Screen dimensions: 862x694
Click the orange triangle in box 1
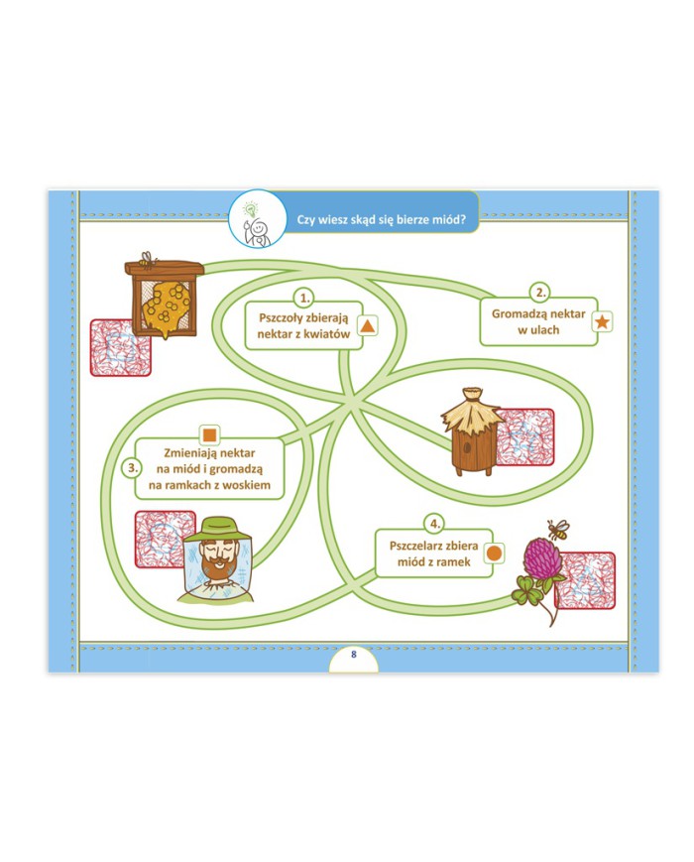[366, 325]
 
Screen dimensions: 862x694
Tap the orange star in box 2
[602, 320]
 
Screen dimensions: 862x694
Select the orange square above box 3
[209, 434]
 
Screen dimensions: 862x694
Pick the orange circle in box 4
[495, 554]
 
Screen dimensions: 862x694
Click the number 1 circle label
[304, 297]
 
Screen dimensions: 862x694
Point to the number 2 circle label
[539, 293]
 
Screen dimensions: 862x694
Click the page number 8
[353, 654]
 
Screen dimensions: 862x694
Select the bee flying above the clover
[558, 527]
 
